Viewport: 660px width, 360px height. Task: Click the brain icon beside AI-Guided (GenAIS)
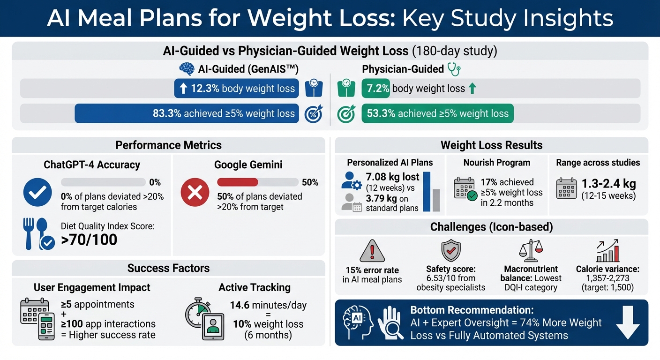pyautogui.click(x=187, y=69)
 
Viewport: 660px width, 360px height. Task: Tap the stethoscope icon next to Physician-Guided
pyautogui.click(x=454, y=69)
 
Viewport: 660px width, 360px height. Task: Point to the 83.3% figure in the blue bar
pyautogui.click(x=166, y=113)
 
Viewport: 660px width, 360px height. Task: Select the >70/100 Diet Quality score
pyautogui.click(x=89, y=240)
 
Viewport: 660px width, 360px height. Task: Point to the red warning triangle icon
pyautogui.click(x=372, y=251)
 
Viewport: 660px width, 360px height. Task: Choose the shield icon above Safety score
pyautogui.click(x=451, y=251)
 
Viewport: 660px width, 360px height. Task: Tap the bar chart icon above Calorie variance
pyautogui.click(x=607, y=251)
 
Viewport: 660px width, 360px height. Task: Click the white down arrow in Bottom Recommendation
pyautogui.click(x=627, y=323)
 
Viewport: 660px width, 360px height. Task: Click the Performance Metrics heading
pyautogui.click(x=168, y=145)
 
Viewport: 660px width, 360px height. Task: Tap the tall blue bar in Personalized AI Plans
pyautogui.click(x=427, y=192)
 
